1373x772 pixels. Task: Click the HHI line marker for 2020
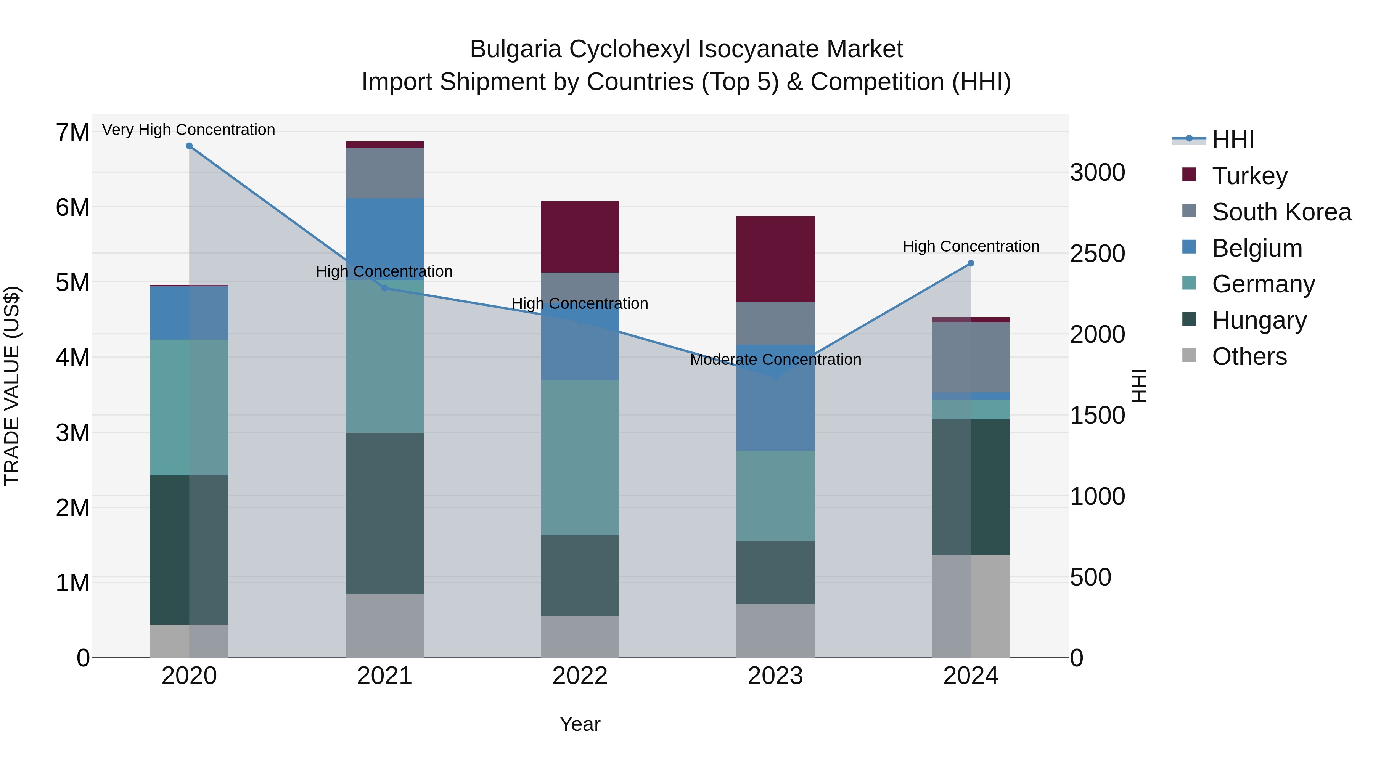[189, 146]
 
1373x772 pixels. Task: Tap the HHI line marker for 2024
[971, 263]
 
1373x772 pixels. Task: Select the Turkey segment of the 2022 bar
[580, 237]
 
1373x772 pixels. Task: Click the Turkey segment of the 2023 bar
[775, 259]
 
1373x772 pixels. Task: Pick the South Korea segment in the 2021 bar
[384, 173]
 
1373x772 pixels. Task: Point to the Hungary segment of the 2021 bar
[384, 513]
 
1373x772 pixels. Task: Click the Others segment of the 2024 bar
[971, 606]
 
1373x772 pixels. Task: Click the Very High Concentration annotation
[189, 130]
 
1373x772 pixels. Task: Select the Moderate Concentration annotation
[775, 360]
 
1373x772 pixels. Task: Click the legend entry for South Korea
[1281, 212]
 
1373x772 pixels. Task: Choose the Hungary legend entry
[1259, 320]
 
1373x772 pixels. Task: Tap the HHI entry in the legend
[1233, 140]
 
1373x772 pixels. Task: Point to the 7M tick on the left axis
[72, 132]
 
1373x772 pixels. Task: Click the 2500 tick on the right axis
[1097, 254]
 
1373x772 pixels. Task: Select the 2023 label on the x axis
[775, 676]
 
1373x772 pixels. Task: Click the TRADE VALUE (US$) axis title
[12, 386]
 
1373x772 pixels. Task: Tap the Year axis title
[580, 724]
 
